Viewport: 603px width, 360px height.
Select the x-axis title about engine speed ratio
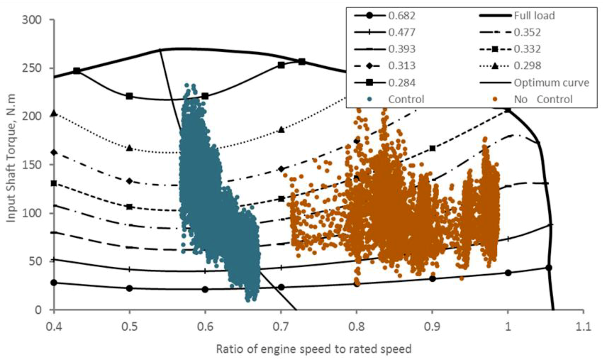(314, 349)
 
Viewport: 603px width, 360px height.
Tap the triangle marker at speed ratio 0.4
(54, 113)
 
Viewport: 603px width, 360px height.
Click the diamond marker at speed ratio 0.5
(129, 181)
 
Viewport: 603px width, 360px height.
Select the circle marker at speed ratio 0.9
(433, 279)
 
